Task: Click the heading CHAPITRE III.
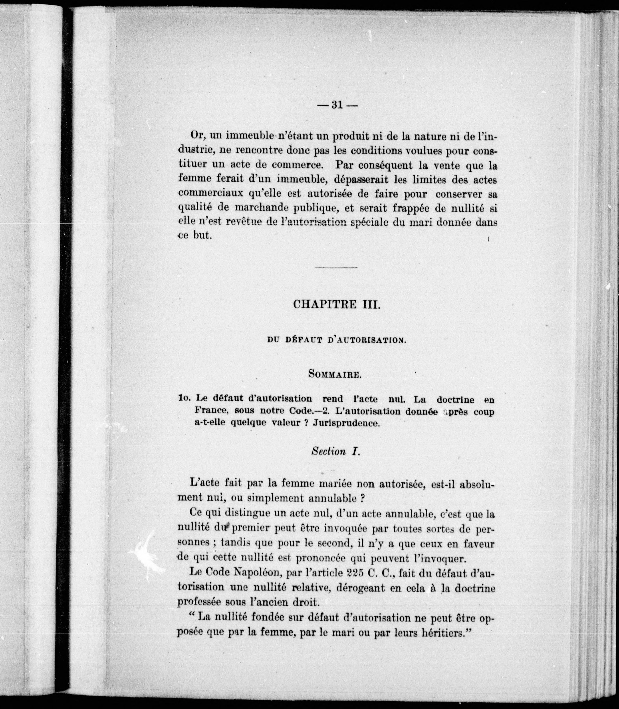(x=337, y=304)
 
